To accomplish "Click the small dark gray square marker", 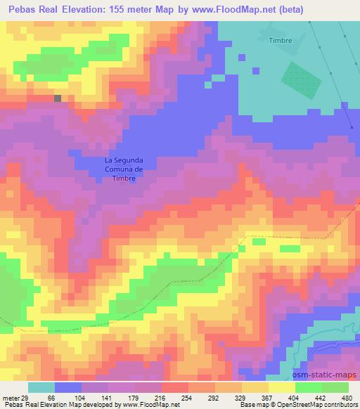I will (58, 98).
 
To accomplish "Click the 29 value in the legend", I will (25, 398).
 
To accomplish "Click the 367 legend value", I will (257, 398).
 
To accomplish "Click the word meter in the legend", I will (11, 398).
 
